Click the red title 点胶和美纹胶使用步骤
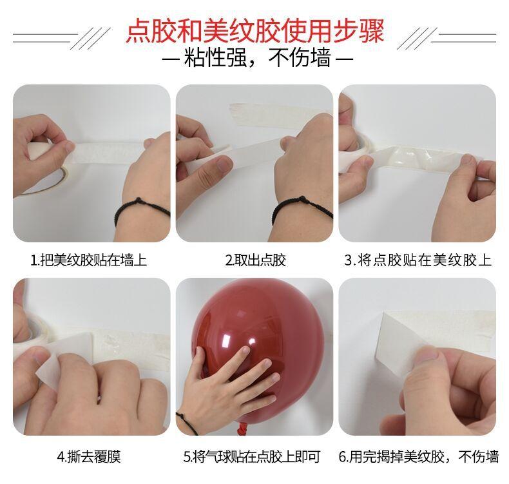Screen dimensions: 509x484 [x=255, y=31]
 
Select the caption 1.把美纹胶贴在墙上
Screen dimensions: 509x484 [x=89, y=260]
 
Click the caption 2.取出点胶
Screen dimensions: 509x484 [x=256, y=260]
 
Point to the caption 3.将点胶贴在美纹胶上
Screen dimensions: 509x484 [x=418, y=260]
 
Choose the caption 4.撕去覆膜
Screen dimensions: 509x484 [x=89, y=457]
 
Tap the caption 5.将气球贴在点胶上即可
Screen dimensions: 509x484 [x=252, y=457]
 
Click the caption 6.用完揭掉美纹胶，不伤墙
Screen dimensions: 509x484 [x=419, y=457]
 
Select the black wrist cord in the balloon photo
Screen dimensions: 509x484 [x=187, y=423]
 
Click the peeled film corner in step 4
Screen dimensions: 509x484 [x=49, y=370]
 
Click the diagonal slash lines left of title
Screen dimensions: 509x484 [x=90, y=38]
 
